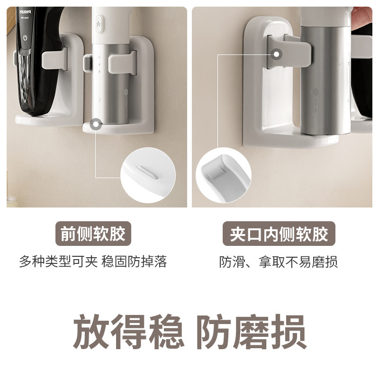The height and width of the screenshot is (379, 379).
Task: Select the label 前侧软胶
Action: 93,234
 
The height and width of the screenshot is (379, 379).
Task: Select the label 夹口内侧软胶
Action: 279,234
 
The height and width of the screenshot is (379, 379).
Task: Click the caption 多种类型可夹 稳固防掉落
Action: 93,262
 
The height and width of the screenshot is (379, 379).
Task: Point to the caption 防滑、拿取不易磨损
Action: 279,262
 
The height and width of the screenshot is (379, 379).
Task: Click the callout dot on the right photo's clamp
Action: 276,54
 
